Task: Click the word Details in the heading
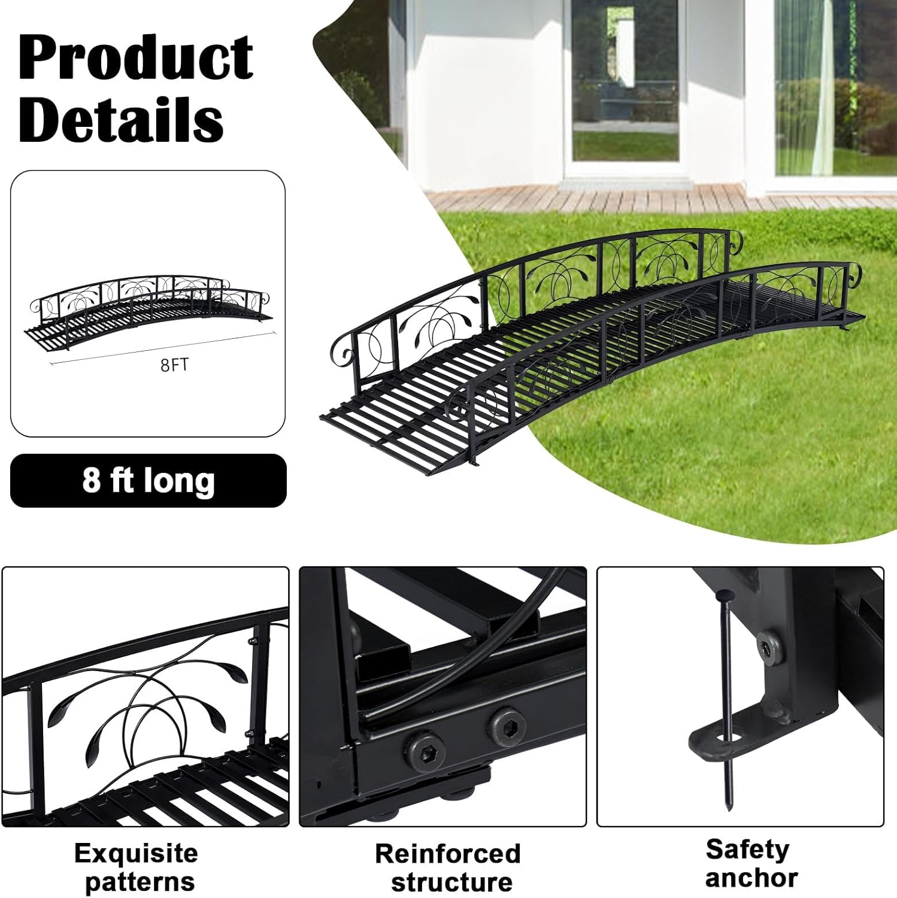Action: coord(122,120)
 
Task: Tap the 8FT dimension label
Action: coord(174,365)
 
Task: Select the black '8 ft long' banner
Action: coord(149,481)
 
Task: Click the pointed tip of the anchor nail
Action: coord(728,808)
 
